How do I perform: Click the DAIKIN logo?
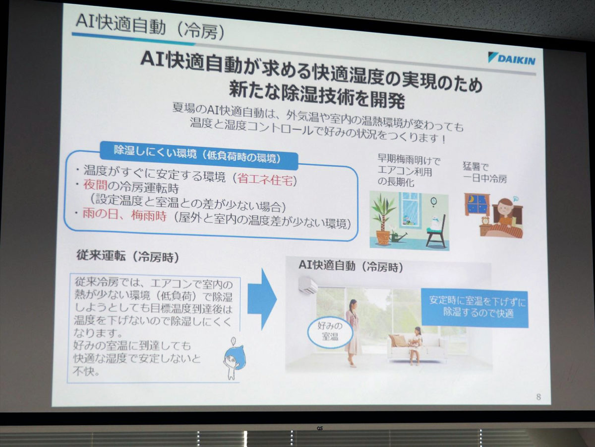[x=512, y=59]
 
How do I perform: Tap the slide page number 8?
[x=538, y=397]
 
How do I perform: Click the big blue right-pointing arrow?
[x=262, y=299]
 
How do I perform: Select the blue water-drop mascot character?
[x=234, y=358]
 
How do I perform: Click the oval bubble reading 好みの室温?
[x=330, y=333]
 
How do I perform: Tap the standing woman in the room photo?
[x=353, y=333]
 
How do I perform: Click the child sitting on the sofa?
[x=416, y=346]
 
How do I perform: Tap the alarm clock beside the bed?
[x=486, y=221]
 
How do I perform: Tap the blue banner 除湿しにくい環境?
[x=198, y=156]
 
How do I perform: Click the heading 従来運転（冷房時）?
[x=127, y=256]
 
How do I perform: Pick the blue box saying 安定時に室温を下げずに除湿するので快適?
[x=475, y=308]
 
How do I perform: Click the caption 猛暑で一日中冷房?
[x=484, y=173]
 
